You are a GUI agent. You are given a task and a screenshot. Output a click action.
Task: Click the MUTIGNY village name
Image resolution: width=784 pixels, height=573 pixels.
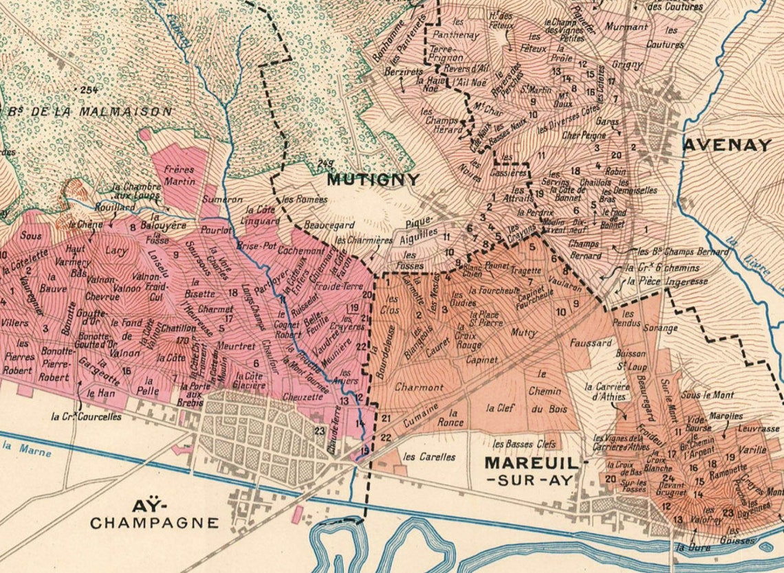coord(373,180)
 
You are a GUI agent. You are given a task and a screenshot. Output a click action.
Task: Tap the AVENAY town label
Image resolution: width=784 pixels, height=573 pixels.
coord(727,145)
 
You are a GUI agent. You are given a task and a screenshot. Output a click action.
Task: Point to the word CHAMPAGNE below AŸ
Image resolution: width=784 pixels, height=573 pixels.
coord(155,523)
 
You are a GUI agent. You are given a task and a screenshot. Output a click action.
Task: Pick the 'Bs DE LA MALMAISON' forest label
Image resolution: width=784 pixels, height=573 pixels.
coord(87,111)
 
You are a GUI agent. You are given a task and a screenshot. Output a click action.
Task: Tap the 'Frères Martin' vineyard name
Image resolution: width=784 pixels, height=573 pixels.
coord(179,175)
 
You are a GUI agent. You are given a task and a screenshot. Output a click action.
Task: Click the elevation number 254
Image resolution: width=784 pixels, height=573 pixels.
coord(88,90)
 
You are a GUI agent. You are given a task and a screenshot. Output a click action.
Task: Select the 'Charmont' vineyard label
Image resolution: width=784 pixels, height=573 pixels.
coord(419,387)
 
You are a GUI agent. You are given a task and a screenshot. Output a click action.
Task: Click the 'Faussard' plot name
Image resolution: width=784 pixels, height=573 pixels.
coord(590,342)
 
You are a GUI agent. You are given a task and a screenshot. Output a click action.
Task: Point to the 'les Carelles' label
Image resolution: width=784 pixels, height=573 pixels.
coord(429,456)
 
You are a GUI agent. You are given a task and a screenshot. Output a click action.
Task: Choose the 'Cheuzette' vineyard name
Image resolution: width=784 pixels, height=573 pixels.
coord(303,397)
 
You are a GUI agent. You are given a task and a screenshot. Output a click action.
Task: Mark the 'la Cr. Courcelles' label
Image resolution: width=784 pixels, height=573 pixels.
coord(87,416)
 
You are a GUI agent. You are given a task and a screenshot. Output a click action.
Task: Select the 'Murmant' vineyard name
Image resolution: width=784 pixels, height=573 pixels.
coord(627,27)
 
